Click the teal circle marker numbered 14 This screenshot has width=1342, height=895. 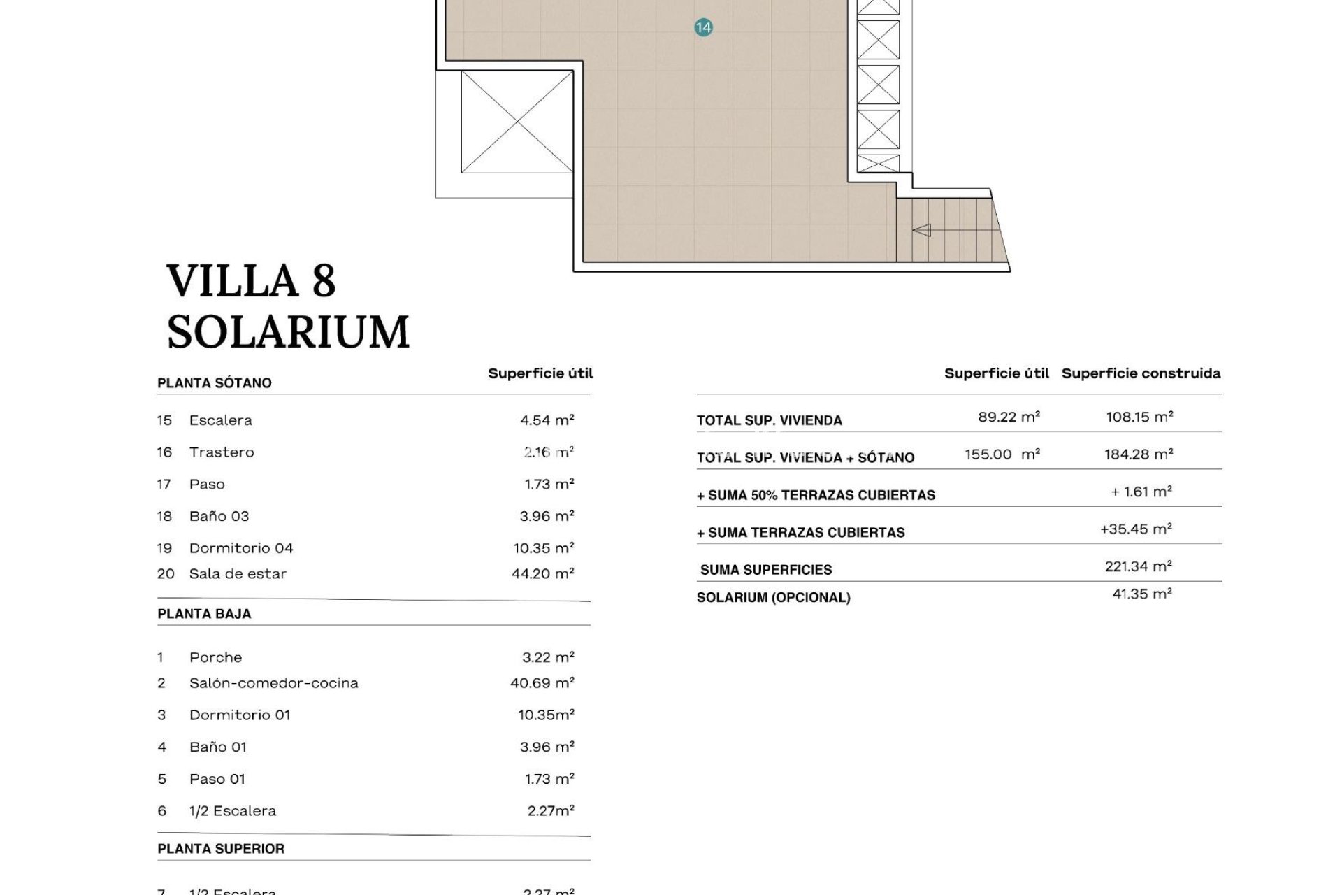click(703, 28)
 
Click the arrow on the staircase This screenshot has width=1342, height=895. click(922, 229)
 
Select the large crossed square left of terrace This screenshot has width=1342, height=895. click(517, 122)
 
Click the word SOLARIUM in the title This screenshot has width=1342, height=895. click(288, 331)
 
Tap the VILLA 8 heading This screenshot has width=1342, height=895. click(252, 280)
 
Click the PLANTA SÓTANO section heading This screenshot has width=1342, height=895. click(215, 383)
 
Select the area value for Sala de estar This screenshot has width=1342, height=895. click(542, 574)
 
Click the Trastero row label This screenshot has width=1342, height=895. click(222, 452)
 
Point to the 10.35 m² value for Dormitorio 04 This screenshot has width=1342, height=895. click(543, 548)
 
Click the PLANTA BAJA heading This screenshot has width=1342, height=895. click(204, 614)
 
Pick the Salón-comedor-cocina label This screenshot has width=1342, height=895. click(273, 683)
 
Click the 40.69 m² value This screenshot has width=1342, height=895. click(542, 683)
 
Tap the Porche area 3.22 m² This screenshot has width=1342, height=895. click(547, 657)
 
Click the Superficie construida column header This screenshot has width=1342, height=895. click(1141, 373)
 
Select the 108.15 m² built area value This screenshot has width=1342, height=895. click(1139, 417)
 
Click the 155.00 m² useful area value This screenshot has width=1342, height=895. click(1002, 454)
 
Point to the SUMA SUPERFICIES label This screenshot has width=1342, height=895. click(766, 570)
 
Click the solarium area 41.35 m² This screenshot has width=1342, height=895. click(1141, 594)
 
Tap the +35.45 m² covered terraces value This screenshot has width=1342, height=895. click(1136, 529)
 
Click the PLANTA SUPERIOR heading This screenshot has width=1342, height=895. click(221, 849)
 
